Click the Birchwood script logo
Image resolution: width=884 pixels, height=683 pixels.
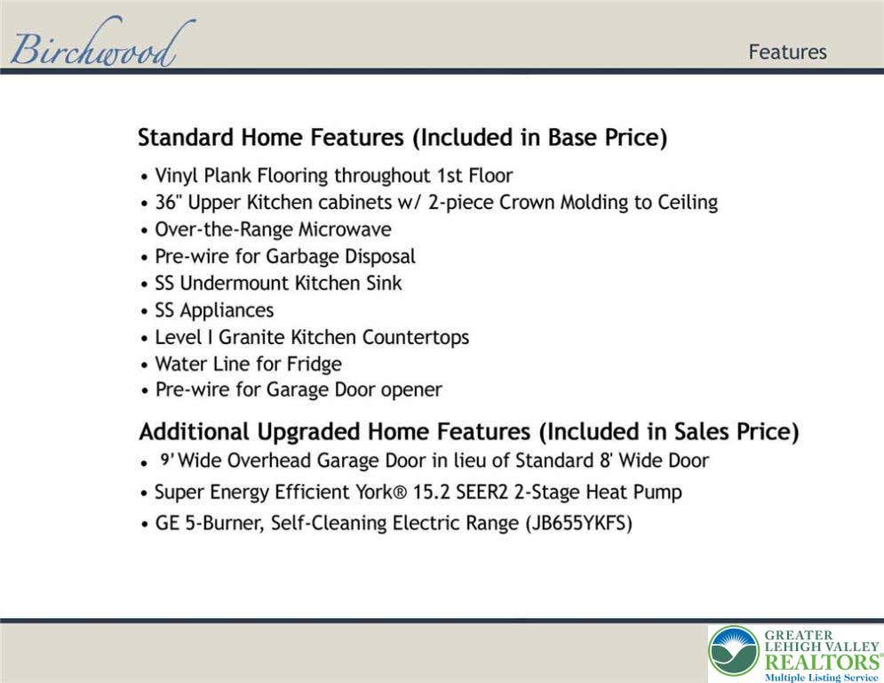tap(102, 43)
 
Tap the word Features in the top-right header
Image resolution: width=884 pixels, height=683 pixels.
tap(787, 52)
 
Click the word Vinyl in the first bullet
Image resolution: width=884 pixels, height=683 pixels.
tap(177, 176)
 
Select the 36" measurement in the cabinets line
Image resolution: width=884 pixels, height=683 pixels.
tap(168, 202)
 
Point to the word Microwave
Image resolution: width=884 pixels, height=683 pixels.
tap(345, 229)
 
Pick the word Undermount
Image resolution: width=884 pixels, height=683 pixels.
tap(235, 283)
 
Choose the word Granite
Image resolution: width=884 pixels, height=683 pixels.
tap(251, 337)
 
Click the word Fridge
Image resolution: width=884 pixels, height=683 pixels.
tap(314, 365)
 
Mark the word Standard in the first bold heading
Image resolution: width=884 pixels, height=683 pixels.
tap(186, 137)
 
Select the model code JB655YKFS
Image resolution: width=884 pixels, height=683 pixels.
tap(578, 523)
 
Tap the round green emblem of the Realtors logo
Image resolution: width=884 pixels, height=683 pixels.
tap(734, 651)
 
